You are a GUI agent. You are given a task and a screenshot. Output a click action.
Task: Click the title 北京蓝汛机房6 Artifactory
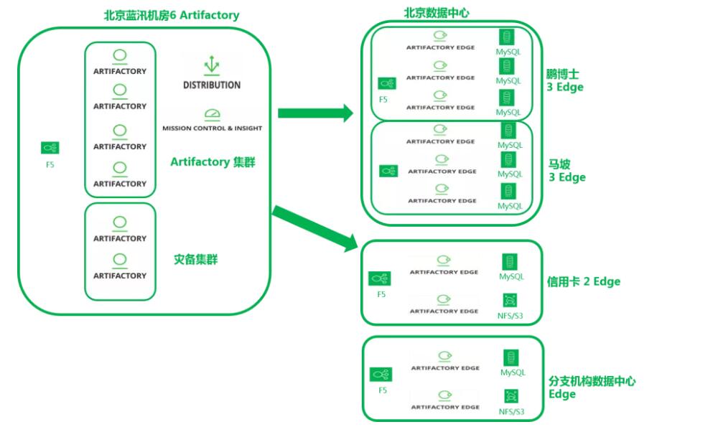[172, 15]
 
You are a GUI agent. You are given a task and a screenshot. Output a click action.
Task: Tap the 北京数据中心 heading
[437, 12]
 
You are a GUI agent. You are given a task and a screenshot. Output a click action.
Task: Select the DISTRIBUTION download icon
[211, 65]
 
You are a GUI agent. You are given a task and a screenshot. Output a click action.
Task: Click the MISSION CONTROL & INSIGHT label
[212, 128]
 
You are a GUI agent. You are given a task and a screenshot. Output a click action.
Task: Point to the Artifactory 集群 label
[213, 162]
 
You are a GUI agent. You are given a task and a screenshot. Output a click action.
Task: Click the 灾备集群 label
[195, 259]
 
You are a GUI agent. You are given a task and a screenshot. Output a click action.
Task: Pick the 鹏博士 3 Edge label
[564, 80]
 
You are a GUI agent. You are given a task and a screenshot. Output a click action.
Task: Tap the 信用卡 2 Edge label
[583, 281]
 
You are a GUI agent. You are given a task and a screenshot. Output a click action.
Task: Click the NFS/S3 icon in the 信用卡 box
[510, 300]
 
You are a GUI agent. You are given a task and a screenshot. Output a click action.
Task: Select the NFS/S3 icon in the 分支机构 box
[510, 395]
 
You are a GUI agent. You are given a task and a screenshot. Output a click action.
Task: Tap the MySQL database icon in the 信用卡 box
[510, 262]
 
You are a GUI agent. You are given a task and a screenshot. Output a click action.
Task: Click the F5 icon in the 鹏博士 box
[386, 84]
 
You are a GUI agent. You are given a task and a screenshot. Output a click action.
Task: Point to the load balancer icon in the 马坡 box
[388, 171]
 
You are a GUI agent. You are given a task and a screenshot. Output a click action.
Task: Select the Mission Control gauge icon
[211, 114]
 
